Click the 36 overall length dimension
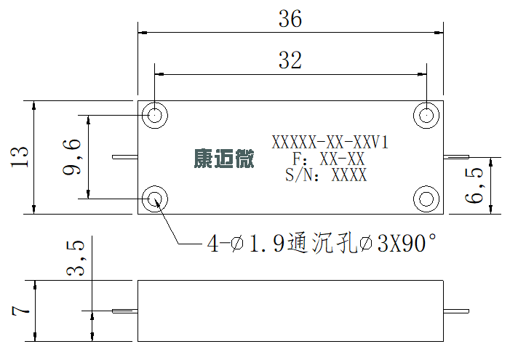[290, 19]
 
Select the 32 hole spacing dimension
[290, 60]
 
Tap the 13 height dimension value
[20, 157]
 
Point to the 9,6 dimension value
[72, 157]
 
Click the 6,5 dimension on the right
[474, 185]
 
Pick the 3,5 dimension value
[76, 258]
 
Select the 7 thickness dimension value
[20, 311]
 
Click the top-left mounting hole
[155, 115]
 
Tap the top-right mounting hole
[426, 115]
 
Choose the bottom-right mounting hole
[426, 199]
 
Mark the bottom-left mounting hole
[155, 199]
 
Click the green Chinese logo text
[224, 159]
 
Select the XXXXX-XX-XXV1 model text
[330, 143]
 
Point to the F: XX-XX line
[329, 159]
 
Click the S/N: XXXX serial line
[326, 175]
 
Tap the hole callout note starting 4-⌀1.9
[322, 243]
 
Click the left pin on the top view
[125, 157]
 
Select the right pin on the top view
[456, 157]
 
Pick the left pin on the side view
[125, 311]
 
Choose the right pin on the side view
[456, 311]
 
